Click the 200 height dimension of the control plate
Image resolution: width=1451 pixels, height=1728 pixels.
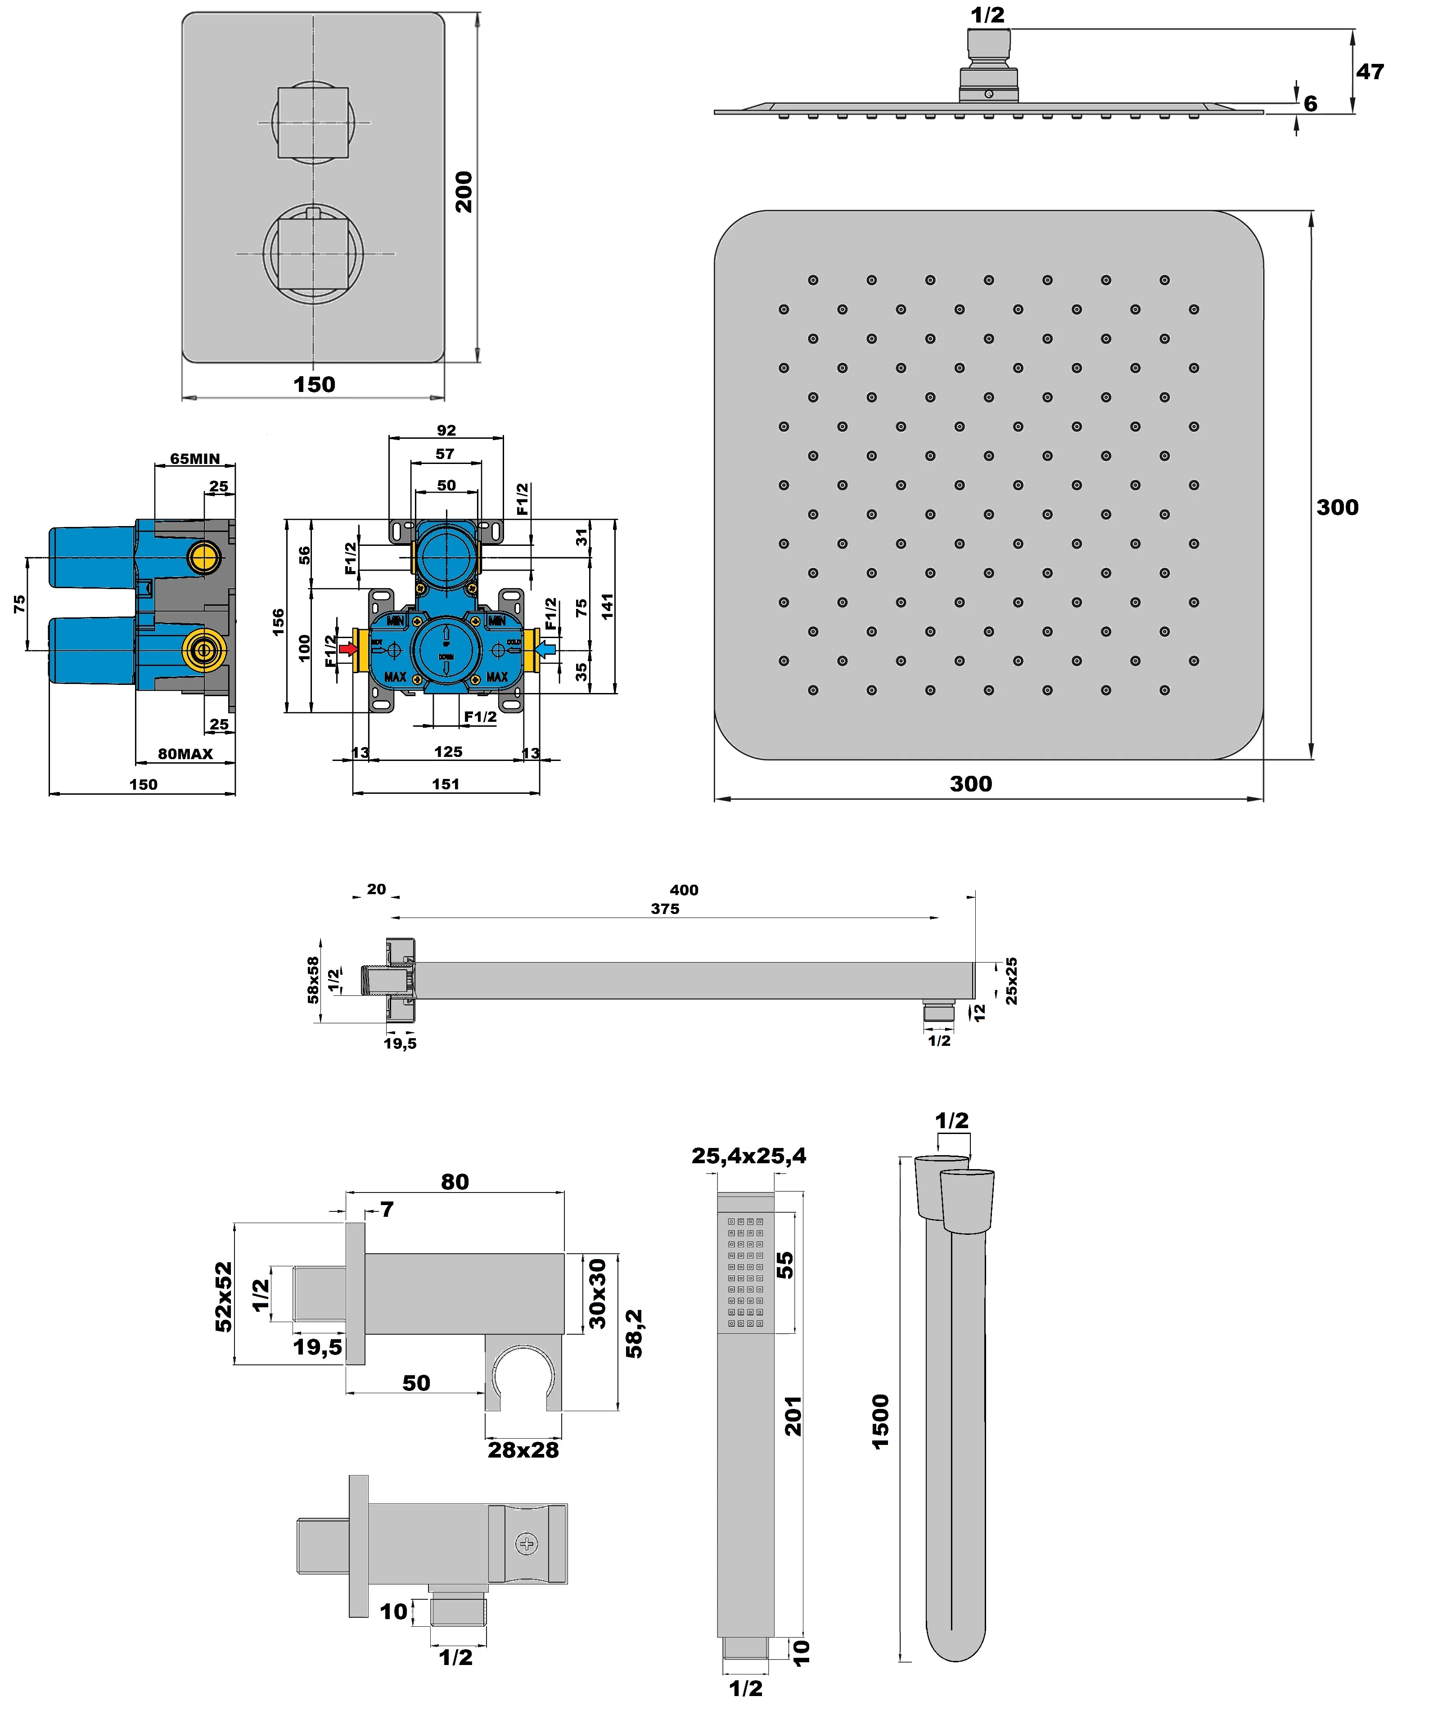point(464,192)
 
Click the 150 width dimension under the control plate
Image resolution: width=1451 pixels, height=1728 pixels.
point(315,384)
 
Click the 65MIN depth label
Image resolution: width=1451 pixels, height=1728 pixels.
point(195,459)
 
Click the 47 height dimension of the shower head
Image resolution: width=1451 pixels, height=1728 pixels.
point(1370,72)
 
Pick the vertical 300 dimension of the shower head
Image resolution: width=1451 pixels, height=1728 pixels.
point(1337,507)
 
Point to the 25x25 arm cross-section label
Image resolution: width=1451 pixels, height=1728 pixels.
point(1011,981)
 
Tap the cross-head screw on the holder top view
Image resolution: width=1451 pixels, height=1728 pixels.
point(526,1543)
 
